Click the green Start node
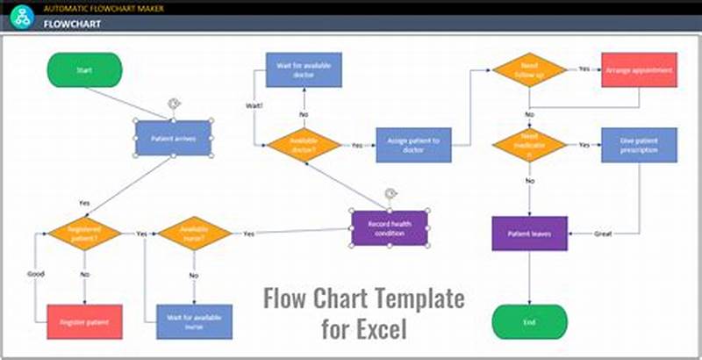(x=84, y=70)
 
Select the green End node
(x=529, y=321)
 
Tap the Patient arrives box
(x=173, y=138)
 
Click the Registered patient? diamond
(x=84, y=234)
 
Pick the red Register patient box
(x=84, y=321)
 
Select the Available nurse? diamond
(x=194, y=234)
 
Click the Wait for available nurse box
(x=194, y=321)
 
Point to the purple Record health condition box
(x=389, y=227)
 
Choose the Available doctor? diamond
(x=304, y=145)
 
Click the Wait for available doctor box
(x=304, y=69)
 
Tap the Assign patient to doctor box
(x=413, y=145)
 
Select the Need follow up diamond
(x=529, y=69)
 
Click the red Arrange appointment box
(x=639, y=69)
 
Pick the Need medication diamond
(x=529, y=145)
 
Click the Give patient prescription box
(x=639, y=145)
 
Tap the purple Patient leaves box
(x=529, y=234)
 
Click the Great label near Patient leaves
(x=602, y=234)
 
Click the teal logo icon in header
(x=21, y=15)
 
